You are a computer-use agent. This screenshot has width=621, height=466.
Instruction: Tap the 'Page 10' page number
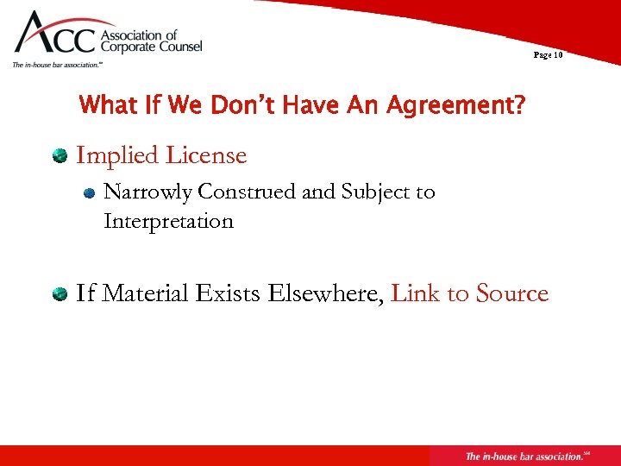click(548, 54)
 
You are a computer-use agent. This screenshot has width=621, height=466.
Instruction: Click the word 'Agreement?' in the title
click(455, 107)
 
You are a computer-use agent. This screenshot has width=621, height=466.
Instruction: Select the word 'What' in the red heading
click(106, 107)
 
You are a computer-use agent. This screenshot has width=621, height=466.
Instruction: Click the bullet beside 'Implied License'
click(60, 156)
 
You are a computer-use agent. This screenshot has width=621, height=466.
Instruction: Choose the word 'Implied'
click(117, 156)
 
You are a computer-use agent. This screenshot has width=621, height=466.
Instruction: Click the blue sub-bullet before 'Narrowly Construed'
click(88, 194)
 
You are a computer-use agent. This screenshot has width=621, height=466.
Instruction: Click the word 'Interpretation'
click(168, 221)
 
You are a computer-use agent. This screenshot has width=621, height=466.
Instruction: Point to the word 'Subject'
click(375, 192)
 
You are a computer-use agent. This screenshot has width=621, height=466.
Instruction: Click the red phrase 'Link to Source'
click(470, 293)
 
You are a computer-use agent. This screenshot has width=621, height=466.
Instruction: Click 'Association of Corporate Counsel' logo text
click(152, 41)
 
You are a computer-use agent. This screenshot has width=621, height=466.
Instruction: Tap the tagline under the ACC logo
click(58, 65)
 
